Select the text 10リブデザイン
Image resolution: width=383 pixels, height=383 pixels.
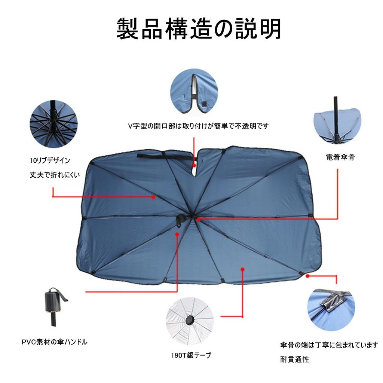tap(50, 160)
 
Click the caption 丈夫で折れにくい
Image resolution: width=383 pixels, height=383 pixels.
tap(55, 175)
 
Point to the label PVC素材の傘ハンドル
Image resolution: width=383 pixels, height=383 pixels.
tap(54, 341)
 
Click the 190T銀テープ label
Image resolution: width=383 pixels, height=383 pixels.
tap(189, 355)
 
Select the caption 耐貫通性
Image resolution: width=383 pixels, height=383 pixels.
tap(295, 359)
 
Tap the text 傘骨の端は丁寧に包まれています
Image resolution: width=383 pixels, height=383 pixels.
tap(329, 345)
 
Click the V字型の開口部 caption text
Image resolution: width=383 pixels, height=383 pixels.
tap(198, 126)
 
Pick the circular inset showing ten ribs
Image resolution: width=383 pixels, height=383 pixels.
tap(53, 123)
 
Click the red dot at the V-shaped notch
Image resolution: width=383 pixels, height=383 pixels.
tap(194, 165)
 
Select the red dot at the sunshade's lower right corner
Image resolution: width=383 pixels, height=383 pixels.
tap(307, 276)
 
